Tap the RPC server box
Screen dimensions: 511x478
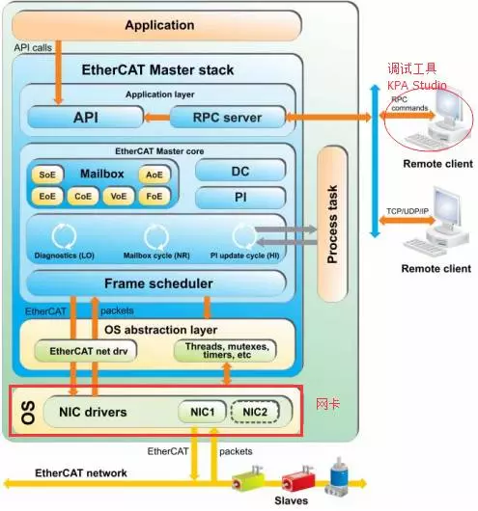[229, 118]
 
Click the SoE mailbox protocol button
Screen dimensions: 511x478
[46, 175]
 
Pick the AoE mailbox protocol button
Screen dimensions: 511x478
[153, 175]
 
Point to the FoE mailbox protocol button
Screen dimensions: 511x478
[153, 196]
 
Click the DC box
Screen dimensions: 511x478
[240, 170]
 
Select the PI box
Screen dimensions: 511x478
[240, 198]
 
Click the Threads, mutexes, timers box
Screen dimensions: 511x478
[225, 350]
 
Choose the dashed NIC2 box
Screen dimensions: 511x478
[254, 413]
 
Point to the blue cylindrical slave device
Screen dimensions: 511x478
[339, 477]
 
